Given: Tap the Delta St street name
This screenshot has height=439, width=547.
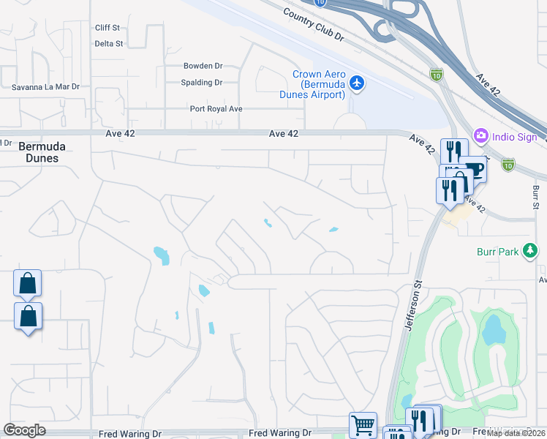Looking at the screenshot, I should click(109, 44).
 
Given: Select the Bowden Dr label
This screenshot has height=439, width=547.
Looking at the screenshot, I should click(203, 66).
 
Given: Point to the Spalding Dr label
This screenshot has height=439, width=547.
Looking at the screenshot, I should click(201, 83).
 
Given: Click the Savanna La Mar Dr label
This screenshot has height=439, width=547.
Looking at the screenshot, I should click(45, 87).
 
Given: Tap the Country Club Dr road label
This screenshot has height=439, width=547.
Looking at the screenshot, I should click(312, 23).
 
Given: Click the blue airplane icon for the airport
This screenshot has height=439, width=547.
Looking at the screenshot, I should click(357, 83).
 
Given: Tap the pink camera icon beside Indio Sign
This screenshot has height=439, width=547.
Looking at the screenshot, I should click(480, 135).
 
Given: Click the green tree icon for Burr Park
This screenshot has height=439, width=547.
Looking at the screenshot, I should click(530, 252).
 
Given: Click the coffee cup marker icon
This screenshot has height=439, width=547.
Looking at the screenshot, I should click(474, 170).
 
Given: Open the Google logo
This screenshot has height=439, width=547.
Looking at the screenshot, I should click(24, 430).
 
